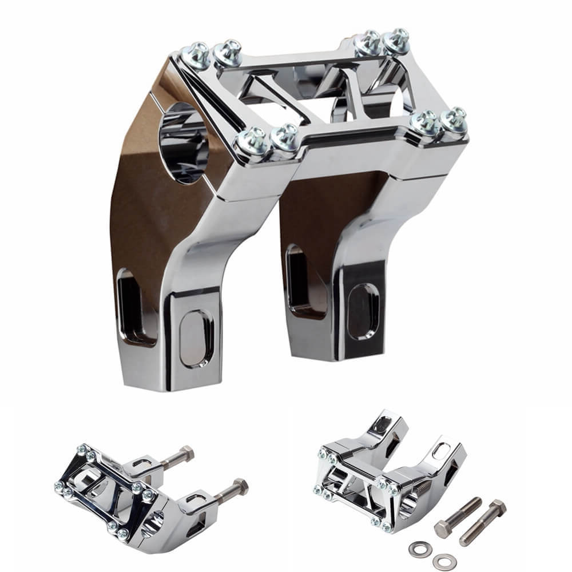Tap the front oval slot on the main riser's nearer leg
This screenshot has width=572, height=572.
point(196,338)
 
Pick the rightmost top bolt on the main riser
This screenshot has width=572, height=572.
point(454,120)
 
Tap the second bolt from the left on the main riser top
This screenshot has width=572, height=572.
point(229,53)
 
